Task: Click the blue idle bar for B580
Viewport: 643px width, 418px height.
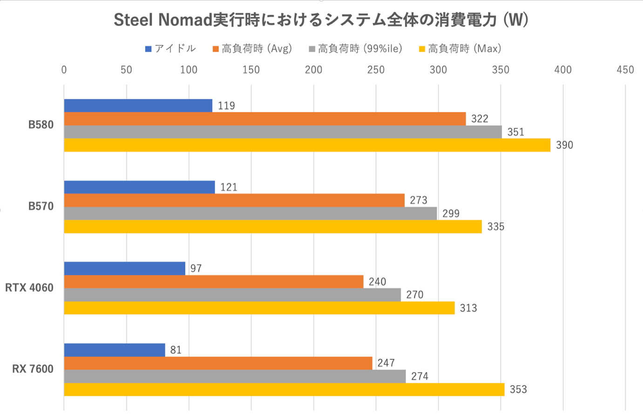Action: coord(138,106)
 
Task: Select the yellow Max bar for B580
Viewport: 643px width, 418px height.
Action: coord(307,145)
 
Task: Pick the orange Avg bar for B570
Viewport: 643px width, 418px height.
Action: coord(234,200)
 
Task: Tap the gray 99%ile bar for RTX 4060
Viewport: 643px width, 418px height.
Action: coord(232,295)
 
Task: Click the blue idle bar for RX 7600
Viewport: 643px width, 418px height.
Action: coord(115,350)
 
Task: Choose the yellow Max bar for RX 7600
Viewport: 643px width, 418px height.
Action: coord(284,390)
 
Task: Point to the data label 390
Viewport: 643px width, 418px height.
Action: coord(564,145)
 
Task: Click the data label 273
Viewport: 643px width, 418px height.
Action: coord(418,200)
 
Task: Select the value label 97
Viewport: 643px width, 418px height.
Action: coord(196,269)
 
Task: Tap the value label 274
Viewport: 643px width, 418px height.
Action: coord(420,376)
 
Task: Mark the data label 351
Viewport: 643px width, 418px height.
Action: coord(515,132)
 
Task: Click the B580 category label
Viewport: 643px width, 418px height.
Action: coord(41,125)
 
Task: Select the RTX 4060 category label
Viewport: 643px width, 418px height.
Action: coord(29,288)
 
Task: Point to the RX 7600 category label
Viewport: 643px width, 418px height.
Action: coord(33,369)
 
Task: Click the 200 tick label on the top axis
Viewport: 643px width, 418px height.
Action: coord(313,70)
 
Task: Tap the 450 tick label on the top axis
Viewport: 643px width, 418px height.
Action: coord(625,70)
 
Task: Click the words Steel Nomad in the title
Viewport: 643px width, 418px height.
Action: coord(162,20)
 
